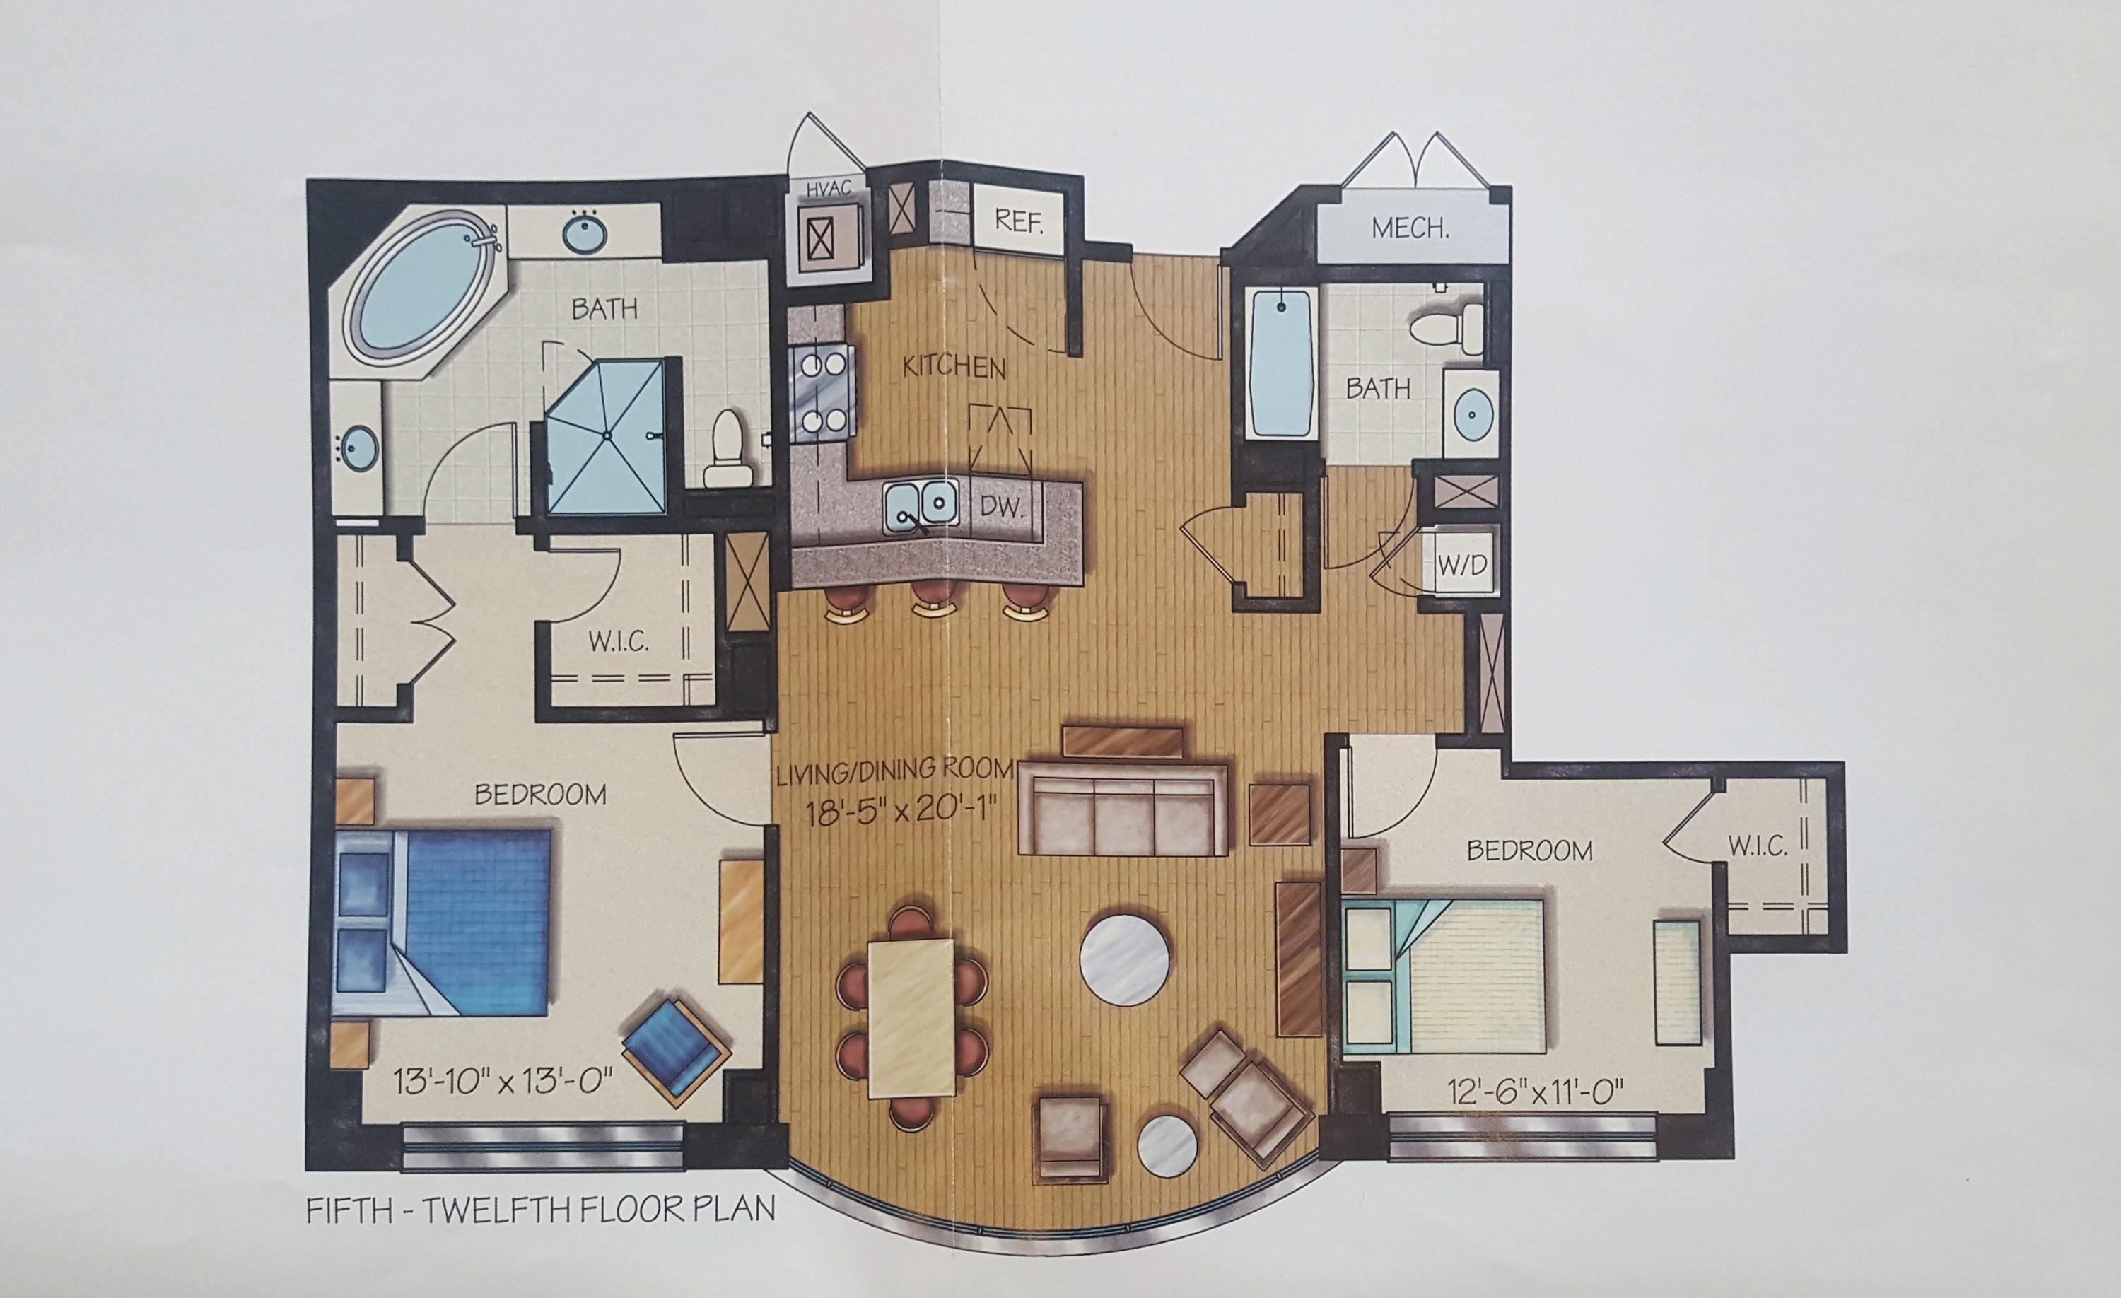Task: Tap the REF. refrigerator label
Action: click(1019, 223)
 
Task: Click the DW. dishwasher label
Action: click(1001, 508)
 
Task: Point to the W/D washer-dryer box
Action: click(1461, 566)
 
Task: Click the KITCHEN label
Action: click(953, 368)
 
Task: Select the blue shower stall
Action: click(608, 437)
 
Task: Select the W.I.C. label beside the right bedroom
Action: click(1758, 847)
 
